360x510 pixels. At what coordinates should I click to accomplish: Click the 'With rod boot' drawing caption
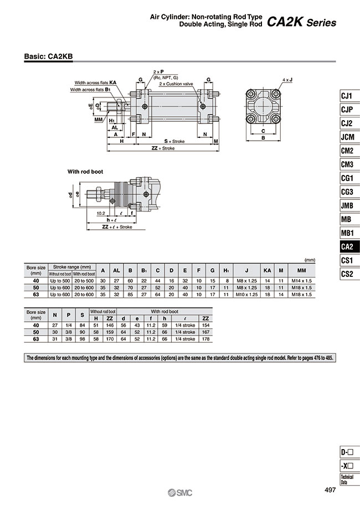click(85, 172)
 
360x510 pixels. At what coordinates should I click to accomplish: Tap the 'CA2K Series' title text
click(301, 23)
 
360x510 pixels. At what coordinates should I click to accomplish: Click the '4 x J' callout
click(287, 79)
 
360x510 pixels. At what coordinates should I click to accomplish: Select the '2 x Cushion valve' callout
click(176, 84)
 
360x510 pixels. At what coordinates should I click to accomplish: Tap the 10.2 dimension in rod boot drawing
click(101, 213)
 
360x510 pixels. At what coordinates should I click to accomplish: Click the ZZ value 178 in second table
click(205, 339)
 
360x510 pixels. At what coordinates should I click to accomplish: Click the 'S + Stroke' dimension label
click(174, 141)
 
